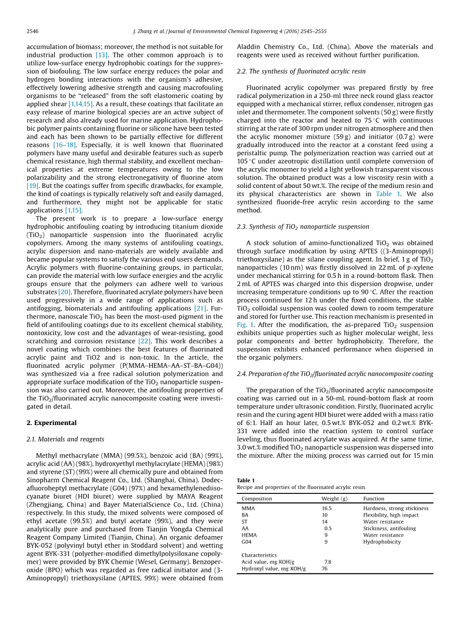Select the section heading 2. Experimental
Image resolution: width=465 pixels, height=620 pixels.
pyautogui.click(x=52, y=423)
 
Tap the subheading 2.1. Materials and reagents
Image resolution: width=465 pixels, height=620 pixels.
pyautogui.click(x=65, y=439)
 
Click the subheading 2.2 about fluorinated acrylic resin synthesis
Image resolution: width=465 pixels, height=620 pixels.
pyautogui.click(x=301, y=71)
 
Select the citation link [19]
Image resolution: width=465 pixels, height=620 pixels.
pyautogui.click(x=33, y=186)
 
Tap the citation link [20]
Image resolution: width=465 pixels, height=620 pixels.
pyautogui.click(x=64, y=292)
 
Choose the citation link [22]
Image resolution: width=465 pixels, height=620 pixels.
pyautogui.click(x=144, y=341)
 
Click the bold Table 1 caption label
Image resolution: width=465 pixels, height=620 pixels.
pyautogui.click(x=246, y=480)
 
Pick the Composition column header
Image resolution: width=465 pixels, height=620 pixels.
pyautogui.click(x=256, y=499)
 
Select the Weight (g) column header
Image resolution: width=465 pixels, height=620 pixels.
pyautogui.click(x=334, y=499)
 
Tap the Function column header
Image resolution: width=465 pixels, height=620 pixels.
pyautogui.click(x=374, y=499)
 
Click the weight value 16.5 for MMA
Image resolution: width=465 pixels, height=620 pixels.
pyautogui.click(x=327, y=508)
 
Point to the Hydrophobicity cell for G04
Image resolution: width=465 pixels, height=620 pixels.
pyautogui.click(x=382, y=542)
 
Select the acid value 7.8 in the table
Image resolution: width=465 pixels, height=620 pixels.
pyautogui.click(x=328, y=562)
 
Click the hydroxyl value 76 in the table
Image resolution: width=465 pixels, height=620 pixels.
pyautogui.click(x=325, y=569)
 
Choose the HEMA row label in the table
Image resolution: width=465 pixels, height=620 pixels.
pyautogui.click(x=249, y=535)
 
